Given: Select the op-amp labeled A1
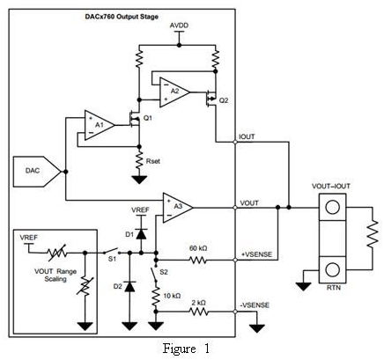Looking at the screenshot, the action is pos(99,125).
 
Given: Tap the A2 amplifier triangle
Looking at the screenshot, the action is pos(174,92).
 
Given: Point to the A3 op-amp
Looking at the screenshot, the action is pos(177,208).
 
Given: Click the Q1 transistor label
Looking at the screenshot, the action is pos(148,118).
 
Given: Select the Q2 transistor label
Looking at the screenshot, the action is pos(224,100).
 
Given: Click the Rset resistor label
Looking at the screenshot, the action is pos(153,161).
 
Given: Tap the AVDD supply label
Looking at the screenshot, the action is pos(179,26).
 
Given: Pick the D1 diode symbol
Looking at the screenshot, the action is pos(142,234).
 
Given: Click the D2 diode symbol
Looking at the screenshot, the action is pos(129,286).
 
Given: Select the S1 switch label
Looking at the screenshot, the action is pos(113,260).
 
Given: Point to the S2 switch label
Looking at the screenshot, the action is pos(164,272).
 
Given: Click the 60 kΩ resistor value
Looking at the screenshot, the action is pos(198,248).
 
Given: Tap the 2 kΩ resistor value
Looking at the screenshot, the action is pos(198,303).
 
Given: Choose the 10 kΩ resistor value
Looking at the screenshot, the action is pos(172,296).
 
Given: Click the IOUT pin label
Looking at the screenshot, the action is pos(247,137).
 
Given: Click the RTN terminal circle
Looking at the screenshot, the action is pos(333,269).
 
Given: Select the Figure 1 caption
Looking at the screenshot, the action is pos(187,349).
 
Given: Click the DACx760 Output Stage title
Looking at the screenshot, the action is pos(122,17).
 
